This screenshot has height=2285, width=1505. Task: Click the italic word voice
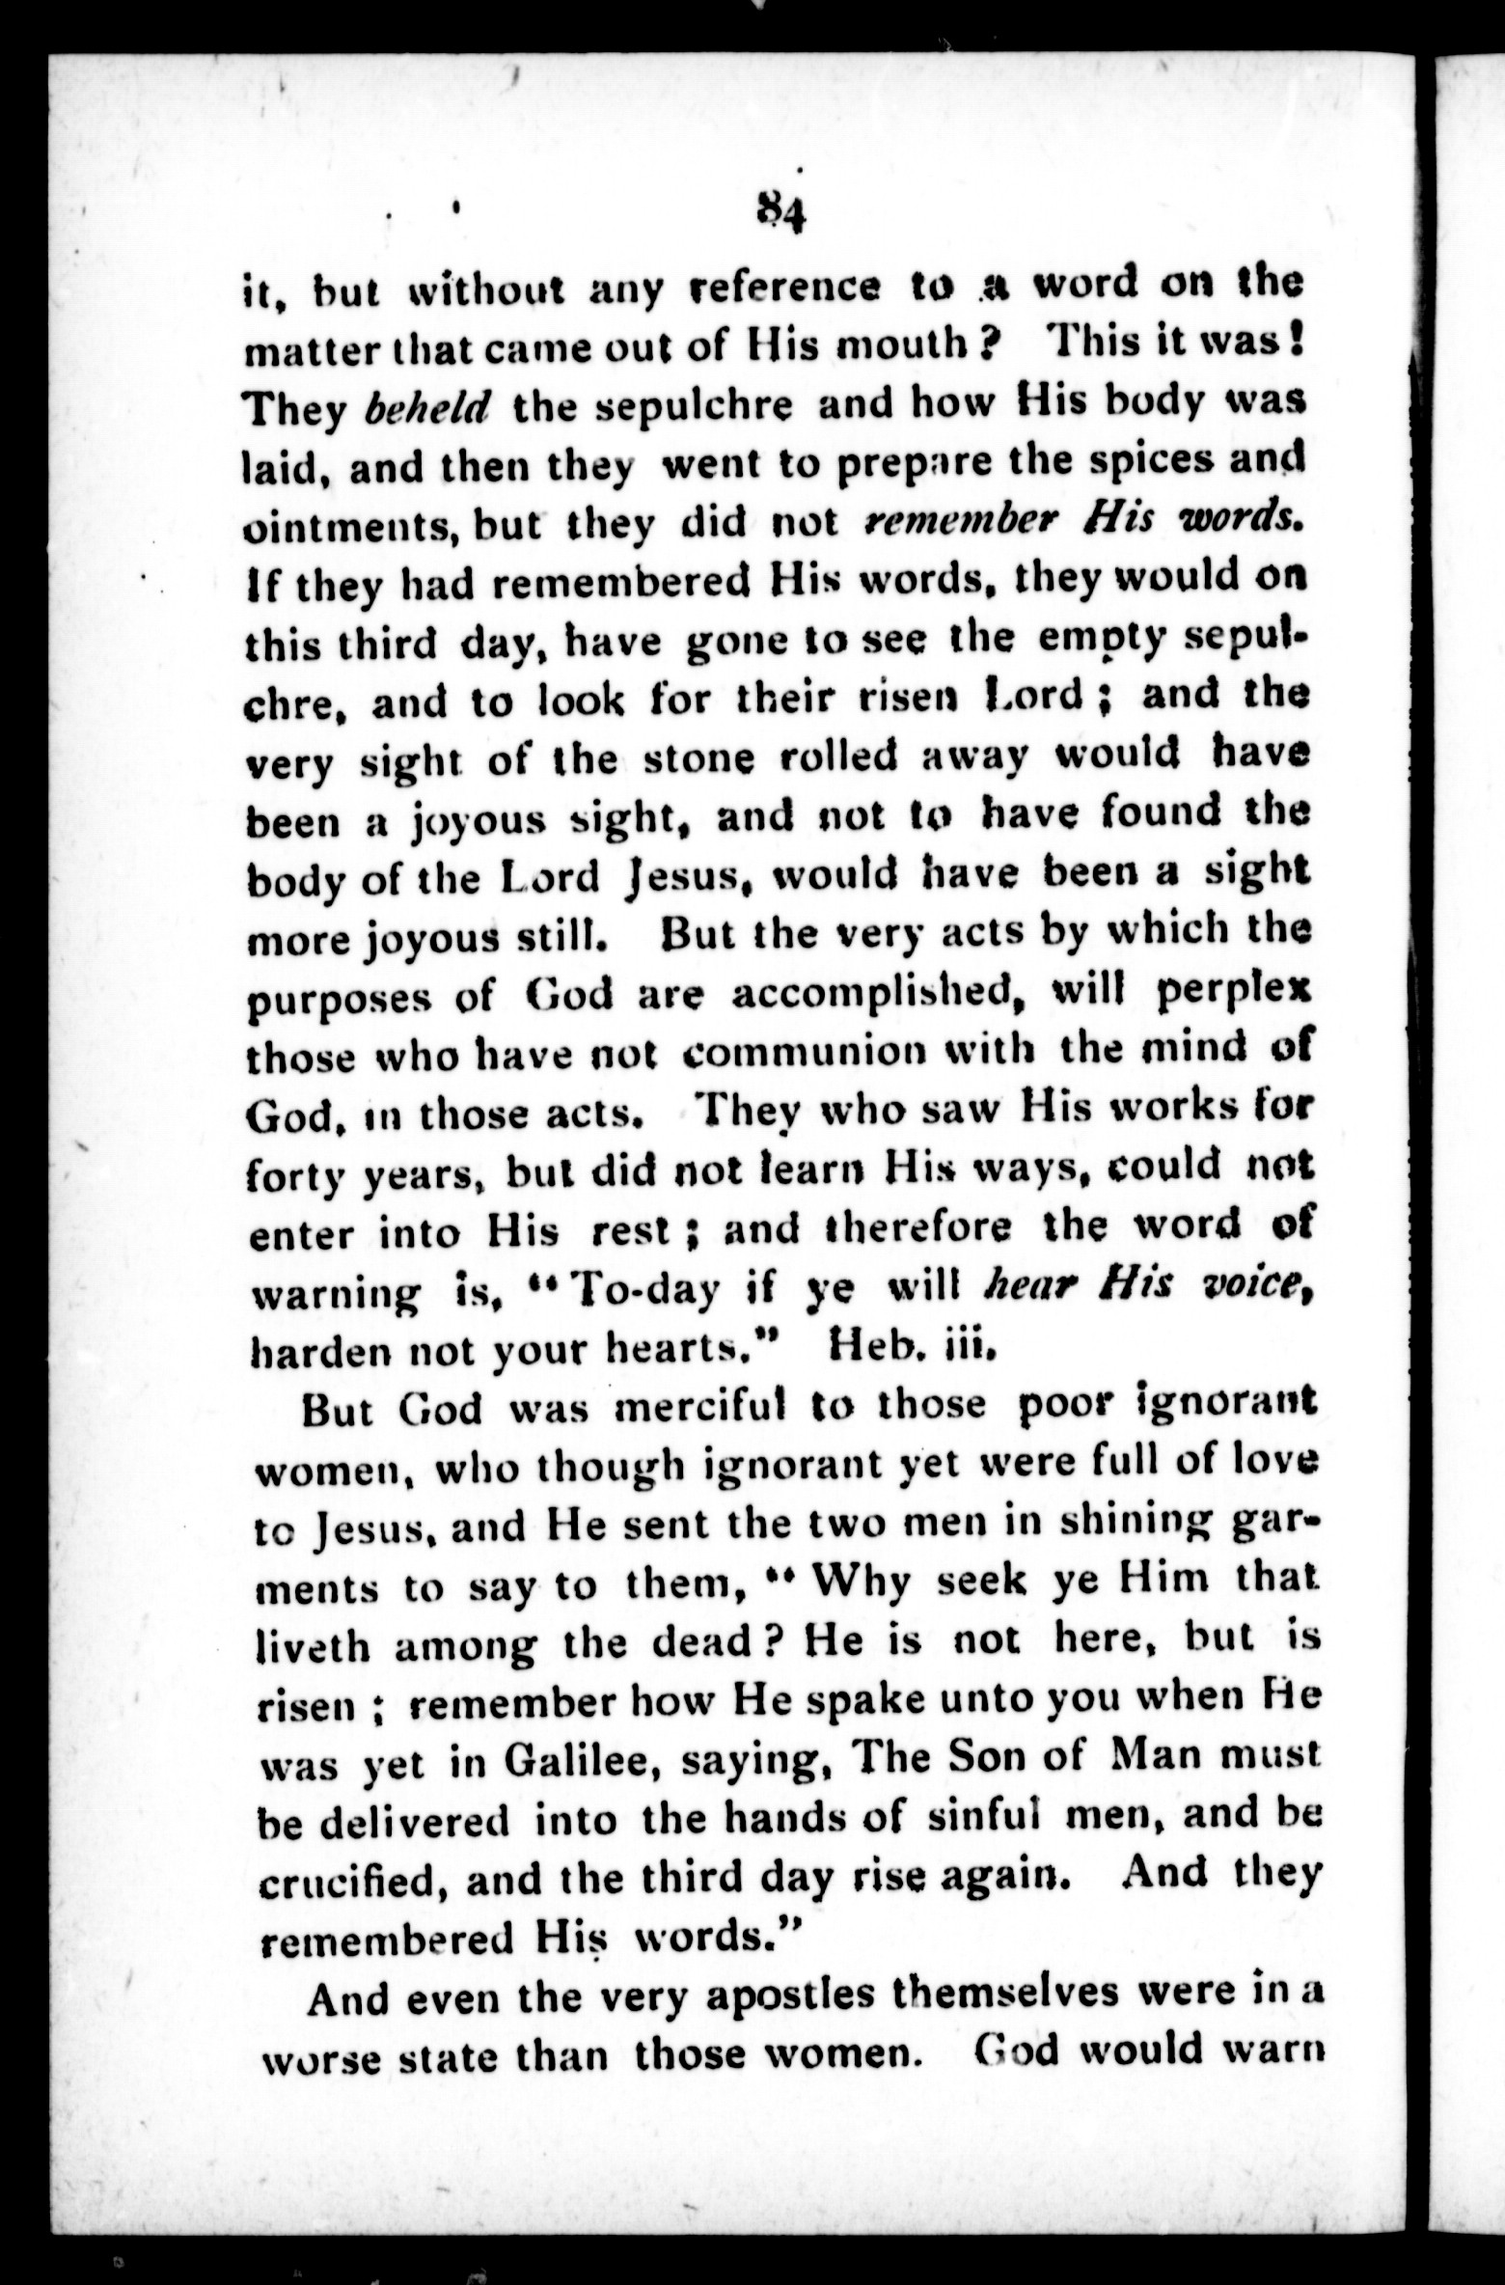pos(1254,1285)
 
